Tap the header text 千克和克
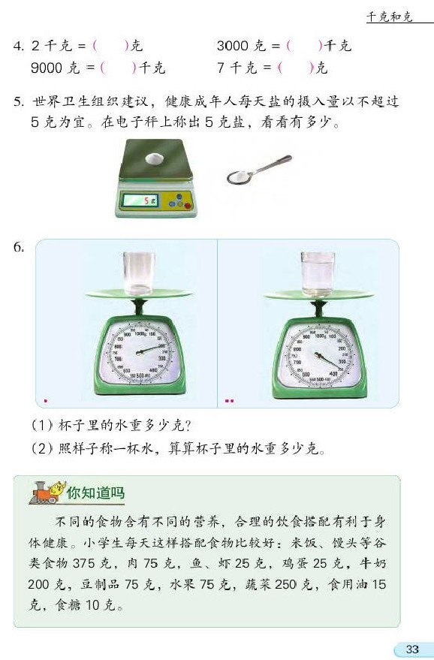pyautogui.click(x=389, y=17)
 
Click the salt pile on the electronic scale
pyautogui.click(x=155, y=158)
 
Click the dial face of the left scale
pyautogui.click(x=140, y=348)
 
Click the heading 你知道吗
pyautogui.click(x=95, y=493)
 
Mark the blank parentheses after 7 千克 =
pyautogui.click(x=295, y=68)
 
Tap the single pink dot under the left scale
pyautogui.click(x=45, y=401)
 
